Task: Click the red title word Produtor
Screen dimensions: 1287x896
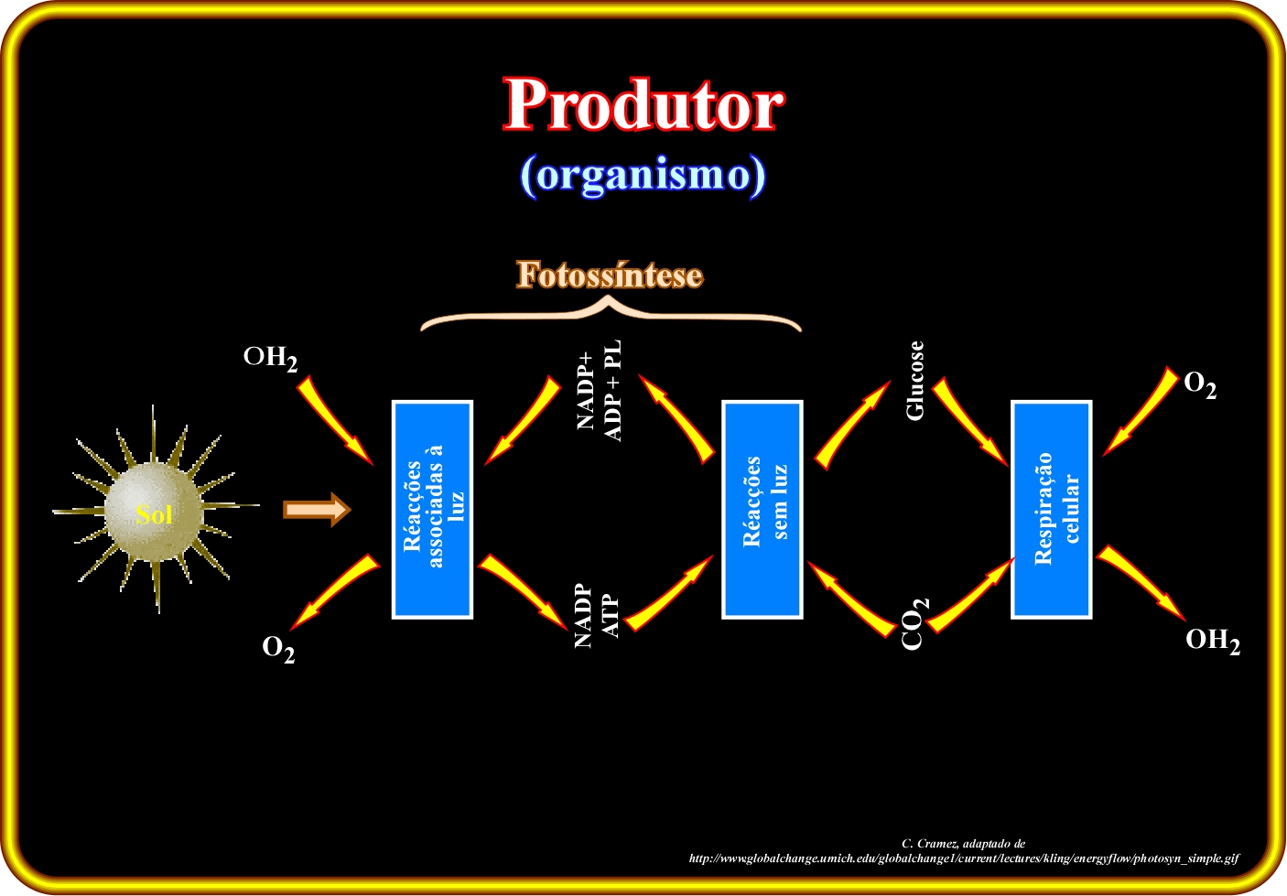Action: pyautogui.click(x=643, y=104)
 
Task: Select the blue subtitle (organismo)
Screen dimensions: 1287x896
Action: pyautogui.click(x=643, y=175)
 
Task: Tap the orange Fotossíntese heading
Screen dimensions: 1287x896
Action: pyautogui.click(x=610, y=275)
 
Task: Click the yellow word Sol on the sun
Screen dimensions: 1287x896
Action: pyautogui.click(x=154, y=514)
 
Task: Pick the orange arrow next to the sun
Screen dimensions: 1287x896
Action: pyautogui.click(x=317, y=510)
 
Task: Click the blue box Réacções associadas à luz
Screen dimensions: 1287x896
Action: pyautogui.click(x=432, y=510)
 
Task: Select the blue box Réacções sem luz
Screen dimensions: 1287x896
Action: pyautogui.click(x=762, y=510)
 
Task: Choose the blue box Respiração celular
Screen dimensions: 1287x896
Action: pyautogui.click(x=1052, y=510)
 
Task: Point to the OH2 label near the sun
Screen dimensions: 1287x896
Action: pyautogui.click(x=271, y=359)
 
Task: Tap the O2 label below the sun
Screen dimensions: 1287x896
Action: pyautogui.click(x=278, y=650)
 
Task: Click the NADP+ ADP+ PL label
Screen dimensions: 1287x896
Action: pyautogui.click(x=599, y=391)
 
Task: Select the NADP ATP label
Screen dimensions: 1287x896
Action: pyautogui.click(x=597, y=616)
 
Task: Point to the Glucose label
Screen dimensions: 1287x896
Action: pyautogui.click(x=914, y=380)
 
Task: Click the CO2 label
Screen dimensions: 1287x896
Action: pyautogui.click(x=914, y=624)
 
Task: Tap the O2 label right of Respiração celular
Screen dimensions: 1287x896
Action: pyautogui.click(x=1200, y=384)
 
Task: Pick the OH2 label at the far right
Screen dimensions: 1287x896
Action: pyautogui.click(x=1213, y=641)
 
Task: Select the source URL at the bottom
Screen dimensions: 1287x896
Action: pyautogui.click(x=964, y=858)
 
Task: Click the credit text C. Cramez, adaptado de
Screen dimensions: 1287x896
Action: pyautogui.click(x=964, y=843)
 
